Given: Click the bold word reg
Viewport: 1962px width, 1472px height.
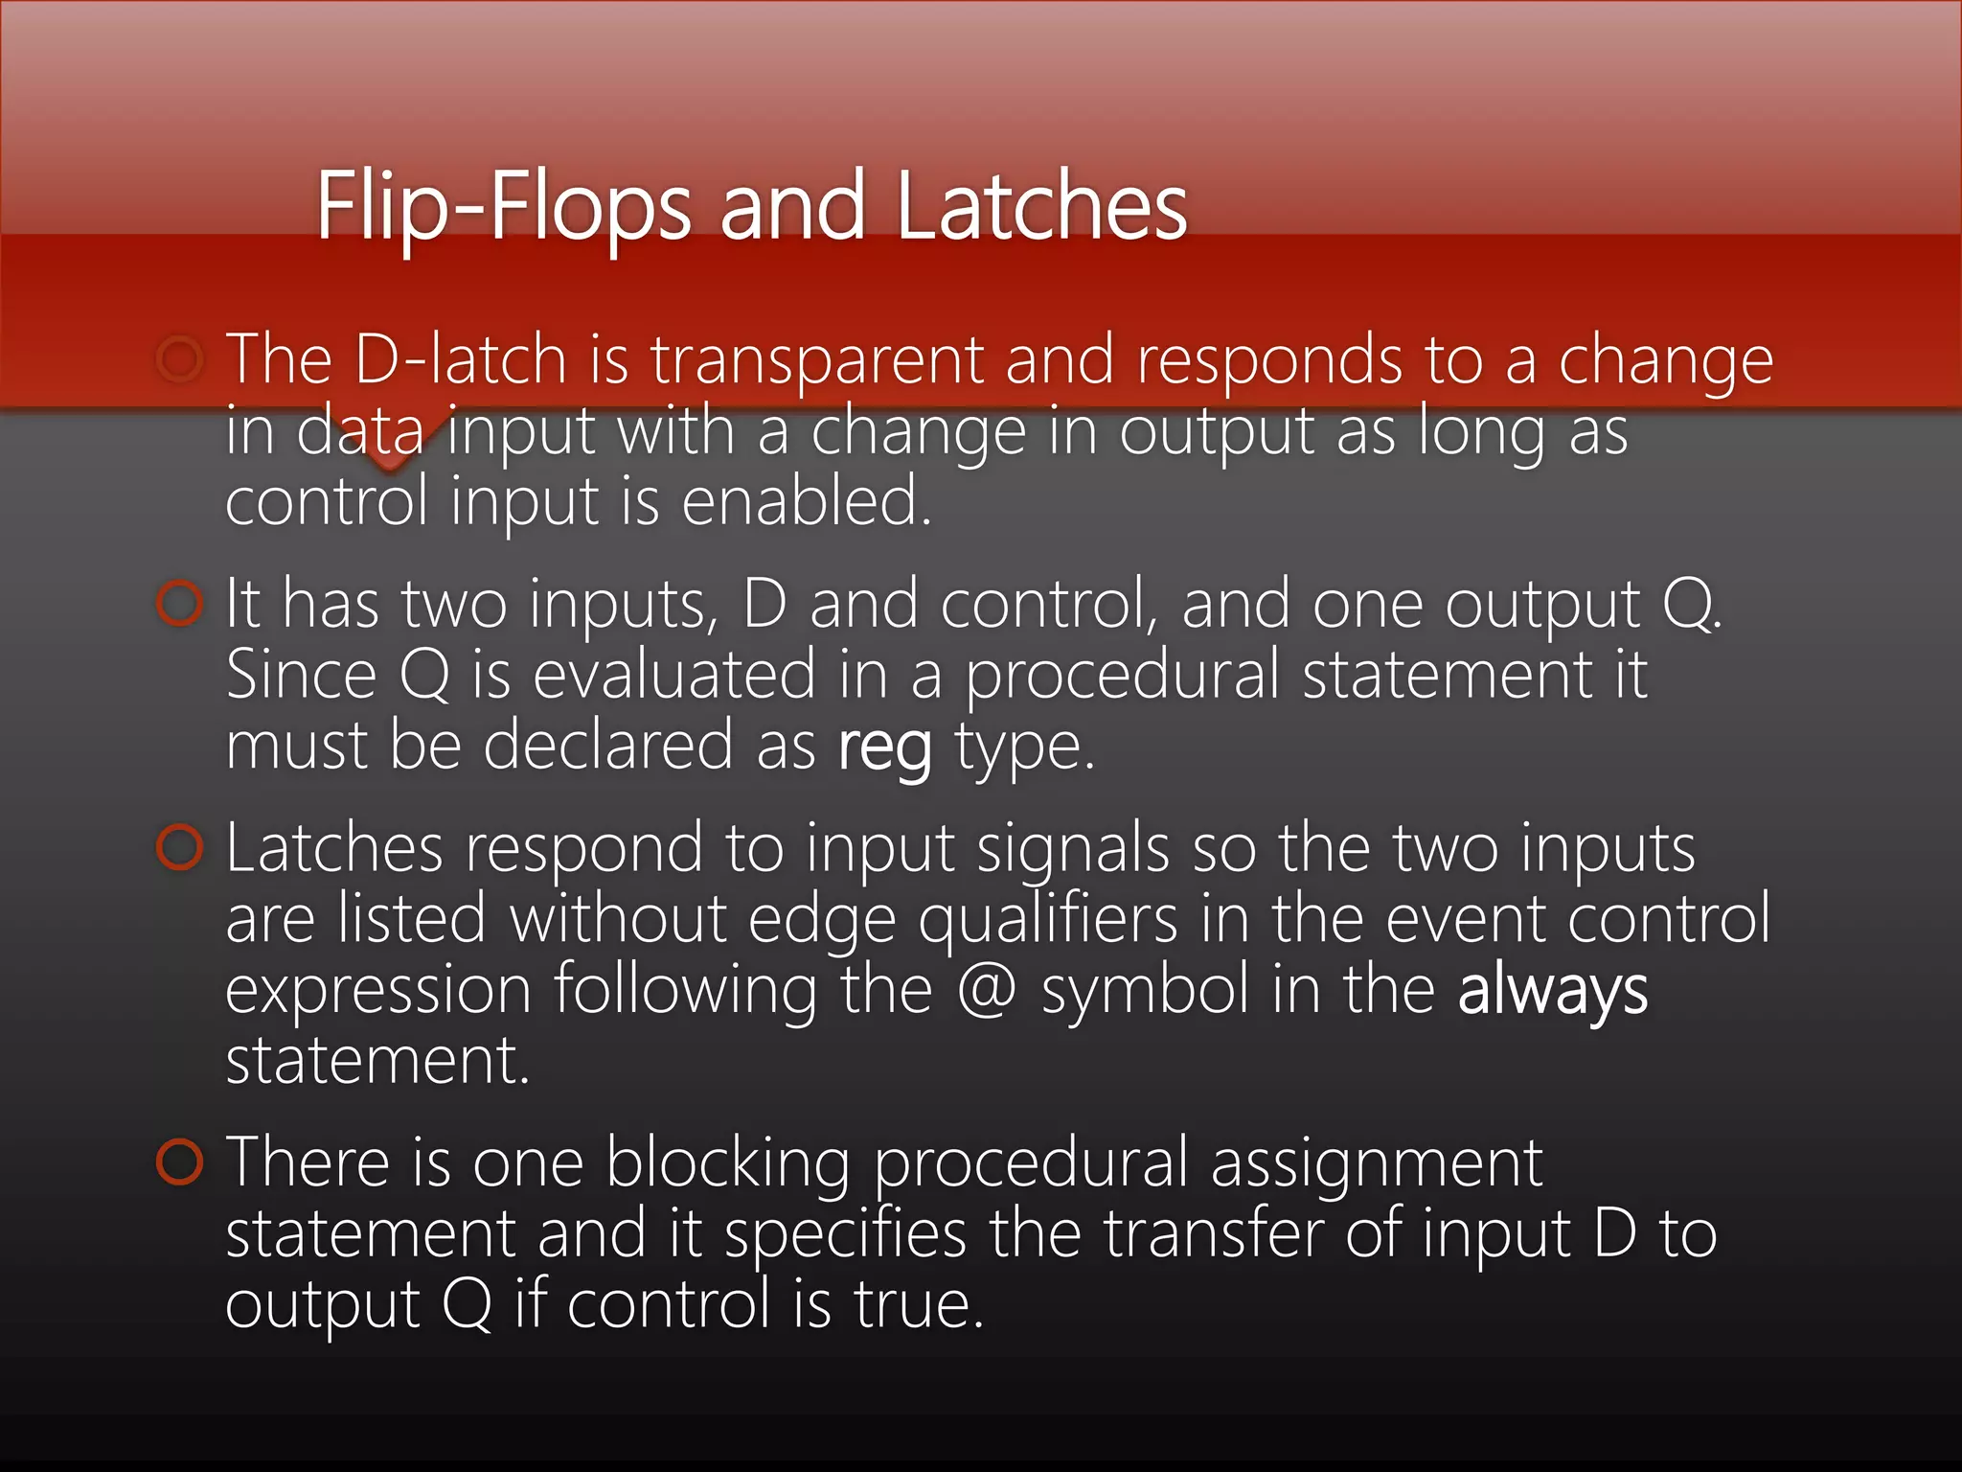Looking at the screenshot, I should tap(884, 747).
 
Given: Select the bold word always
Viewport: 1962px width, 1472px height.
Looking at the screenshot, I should tap(1552, 990).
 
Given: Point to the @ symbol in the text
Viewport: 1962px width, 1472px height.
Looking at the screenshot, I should tap(986, 990).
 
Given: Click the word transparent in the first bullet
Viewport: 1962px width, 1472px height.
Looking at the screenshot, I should tap(817, 361).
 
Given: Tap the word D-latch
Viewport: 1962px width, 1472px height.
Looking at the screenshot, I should tap(461, 359).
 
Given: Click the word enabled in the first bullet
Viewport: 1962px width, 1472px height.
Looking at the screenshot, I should tap(806, 501).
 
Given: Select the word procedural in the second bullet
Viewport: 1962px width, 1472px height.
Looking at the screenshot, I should tap(1122, 676).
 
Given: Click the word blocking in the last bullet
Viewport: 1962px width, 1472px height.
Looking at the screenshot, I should tap(728, 1163).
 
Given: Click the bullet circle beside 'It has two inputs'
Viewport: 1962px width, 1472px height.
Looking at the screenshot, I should tap(180, 604).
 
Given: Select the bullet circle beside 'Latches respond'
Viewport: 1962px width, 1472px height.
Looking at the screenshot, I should tap(180, 848).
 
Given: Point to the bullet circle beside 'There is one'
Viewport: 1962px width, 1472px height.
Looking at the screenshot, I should tap(180, 1162).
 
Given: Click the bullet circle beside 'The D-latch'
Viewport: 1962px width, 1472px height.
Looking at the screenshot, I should tap(180, 359).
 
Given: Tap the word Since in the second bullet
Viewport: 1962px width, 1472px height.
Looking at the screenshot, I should tap(301, 676).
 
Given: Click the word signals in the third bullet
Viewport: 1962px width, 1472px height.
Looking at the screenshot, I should tap(1073, 850).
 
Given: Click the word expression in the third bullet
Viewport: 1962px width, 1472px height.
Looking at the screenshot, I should tap(378, 990).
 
